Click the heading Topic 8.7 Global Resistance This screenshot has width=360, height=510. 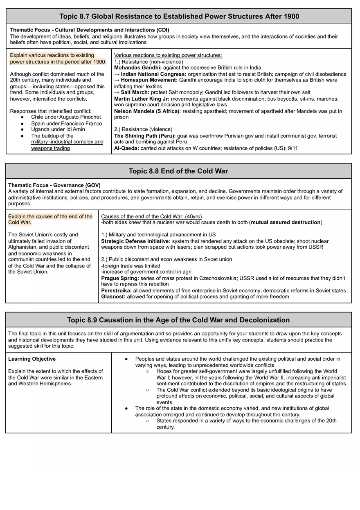[179, 16]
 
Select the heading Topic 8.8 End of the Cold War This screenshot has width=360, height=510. [178, 171]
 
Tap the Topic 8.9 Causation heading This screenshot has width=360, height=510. [178, 320]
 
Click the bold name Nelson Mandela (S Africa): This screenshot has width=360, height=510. [147, 111]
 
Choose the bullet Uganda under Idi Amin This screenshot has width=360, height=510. [58, 129]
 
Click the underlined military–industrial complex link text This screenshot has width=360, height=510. [67, 142]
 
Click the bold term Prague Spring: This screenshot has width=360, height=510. [120, 278]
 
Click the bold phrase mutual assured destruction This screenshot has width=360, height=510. [286, 222]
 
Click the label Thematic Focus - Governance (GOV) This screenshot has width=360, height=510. [54, 185]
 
